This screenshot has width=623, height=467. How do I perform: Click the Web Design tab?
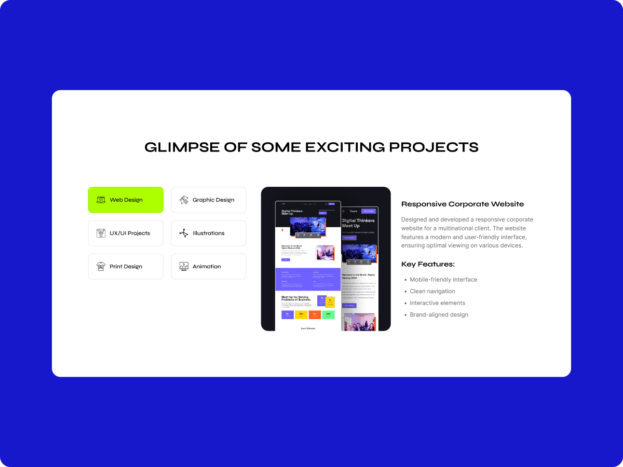pyautogui.click(x=126, y=200)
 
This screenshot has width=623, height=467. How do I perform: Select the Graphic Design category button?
pyautogui.click(x=209, y=200)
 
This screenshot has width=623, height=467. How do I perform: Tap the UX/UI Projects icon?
pyautogui.click(x=101, y=233)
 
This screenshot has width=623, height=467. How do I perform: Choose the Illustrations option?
pyautogui.click(x=209, y=233)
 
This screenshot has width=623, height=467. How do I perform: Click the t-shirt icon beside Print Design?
pyautogui.click(x=101, y=266)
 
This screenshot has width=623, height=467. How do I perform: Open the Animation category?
pyautogui.click(x=209, y=266)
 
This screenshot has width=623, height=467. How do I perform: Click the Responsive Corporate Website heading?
pyautogui.click(x=463, y=204)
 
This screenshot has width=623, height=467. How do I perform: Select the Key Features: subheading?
pyautogui.click(x=428, y=264)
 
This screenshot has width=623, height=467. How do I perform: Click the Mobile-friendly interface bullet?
pyautogui.click(x=443, y=280)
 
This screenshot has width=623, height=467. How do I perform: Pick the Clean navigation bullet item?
pyautogui.click(x=432, y=292)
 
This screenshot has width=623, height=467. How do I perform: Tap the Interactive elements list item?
pyautogui.click(x=437, y=303)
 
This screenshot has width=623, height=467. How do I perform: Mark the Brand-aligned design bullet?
pyautogui.click(x=439, y=315)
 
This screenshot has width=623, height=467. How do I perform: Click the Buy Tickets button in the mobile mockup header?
pyautogui.click(x=368, y=211)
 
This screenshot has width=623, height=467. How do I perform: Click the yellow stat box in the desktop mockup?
pyautogui.click(x=301, y=314)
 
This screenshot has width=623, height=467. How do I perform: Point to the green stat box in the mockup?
pyautogui.click(x=329, y=314)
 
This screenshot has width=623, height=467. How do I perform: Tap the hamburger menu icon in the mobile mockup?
pyautogui.click(x=343, y=211)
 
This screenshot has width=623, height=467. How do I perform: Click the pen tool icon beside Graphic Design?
pyautogui.click(x=184, y=200)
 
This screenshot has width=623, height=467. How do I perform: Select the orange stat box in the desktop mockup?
pyautogui.click(x=315, y=314)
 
